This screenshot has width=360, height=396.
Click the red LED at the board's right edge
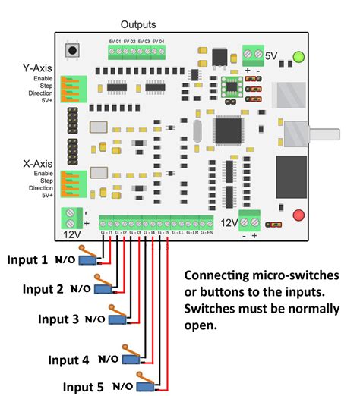click(x=298, y=215)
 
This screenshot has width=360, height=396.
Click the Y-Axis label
click(x=37, y=68)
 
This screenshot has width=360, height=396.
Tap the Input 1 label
click(x=27, y=260)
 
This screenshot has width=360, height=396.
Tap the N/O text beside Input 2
click(x=81, y=289)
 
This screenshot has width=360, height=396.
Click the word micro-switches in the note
click(x=302, y=274)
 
